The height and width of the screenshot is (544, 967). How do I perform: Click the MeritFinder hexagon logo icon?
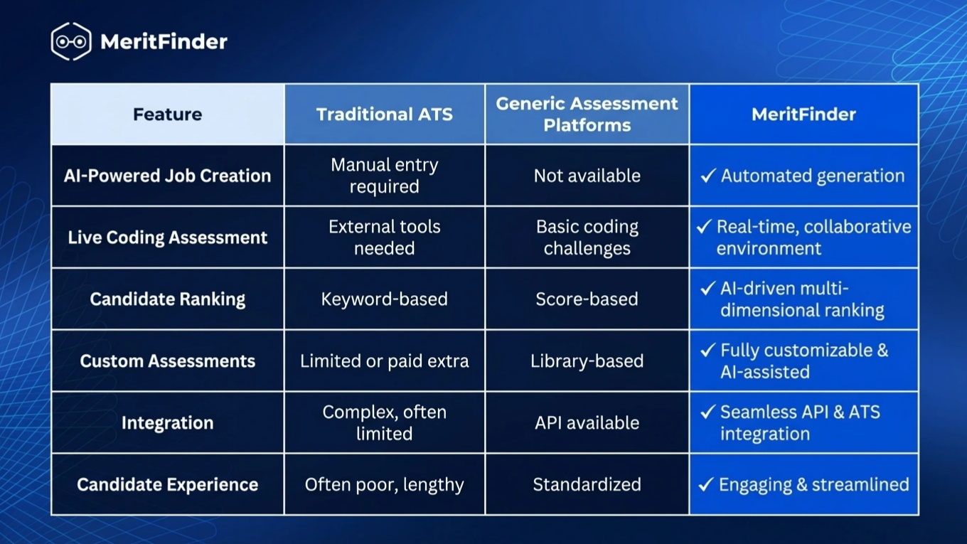71,41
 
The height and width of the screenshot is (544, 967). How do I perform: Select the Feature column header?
168,114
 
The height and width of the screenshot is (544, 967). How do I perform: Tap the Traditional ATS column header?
384,114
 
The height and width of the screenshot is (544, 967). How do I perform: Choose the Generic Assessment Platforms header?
587,114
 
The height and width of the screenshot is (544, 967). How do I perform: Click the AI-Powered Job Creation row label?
168,176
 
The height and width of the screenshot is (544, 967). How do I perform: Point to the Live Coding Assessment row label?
168,238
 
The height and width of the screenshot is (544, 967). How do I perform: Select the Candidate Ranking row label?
168,299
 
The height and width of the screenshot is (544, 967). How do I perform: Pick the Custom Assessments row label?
168,361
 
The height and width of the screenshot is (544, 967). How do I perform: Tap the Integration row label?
168,422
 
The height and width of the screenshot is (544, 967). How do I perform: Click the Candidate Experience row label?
168,484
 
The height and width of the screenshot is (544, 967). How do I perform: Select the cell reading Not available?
587,176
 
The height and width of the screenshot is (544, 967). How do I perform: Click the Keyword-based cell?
384,299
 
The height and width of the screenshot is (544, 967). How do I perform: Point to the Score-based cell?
587,299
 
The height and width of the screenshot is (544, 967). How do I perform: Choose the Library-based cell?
587,361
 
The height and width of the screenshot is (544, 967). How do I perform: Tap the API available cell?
587,422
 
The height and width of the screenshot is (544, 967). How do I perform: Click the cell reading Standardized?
587,484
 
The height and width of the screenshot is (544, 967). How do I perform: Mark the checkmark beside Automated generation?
708,176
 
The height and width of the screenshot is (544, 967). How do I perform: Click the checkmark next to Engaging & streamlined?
706,484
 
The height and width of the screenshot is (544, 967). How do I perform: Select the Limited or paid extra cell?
384,361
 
